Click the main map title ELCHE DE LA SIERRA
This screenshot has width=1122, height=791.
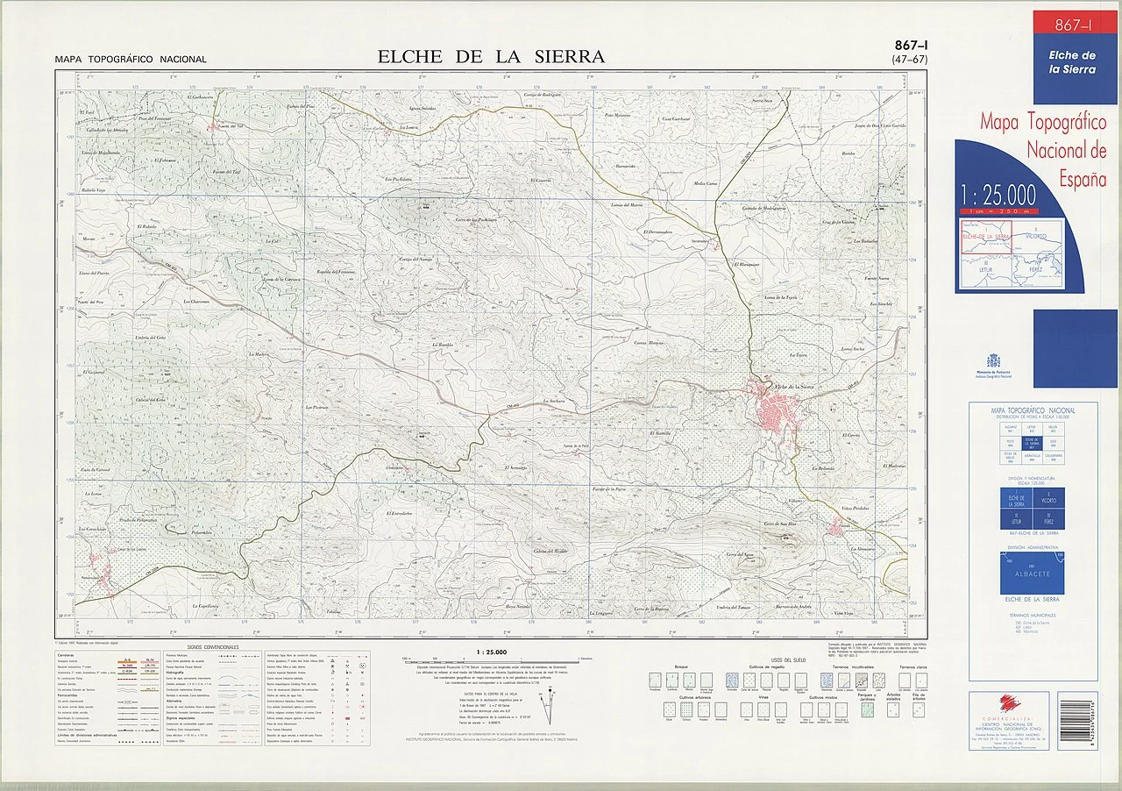pyautogui.click(x=491, y=57)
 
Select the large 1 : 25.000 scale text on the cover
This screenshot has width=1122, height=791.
pyautogui.click(x=998, y=194)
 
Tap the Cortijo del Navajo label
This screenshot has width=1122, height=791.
pyautogui.click(x=417, y=259)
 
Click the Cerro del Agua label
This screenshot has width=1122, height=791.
pyautogui.click(x=741, y=554)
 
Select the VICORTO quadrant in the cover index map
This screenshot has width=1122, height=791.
pyautogui.click(x=1037, y=237)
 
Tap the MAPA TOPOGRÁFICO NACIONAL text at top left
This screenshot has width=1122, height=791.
pyautogui.click(x=131, y=60)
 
